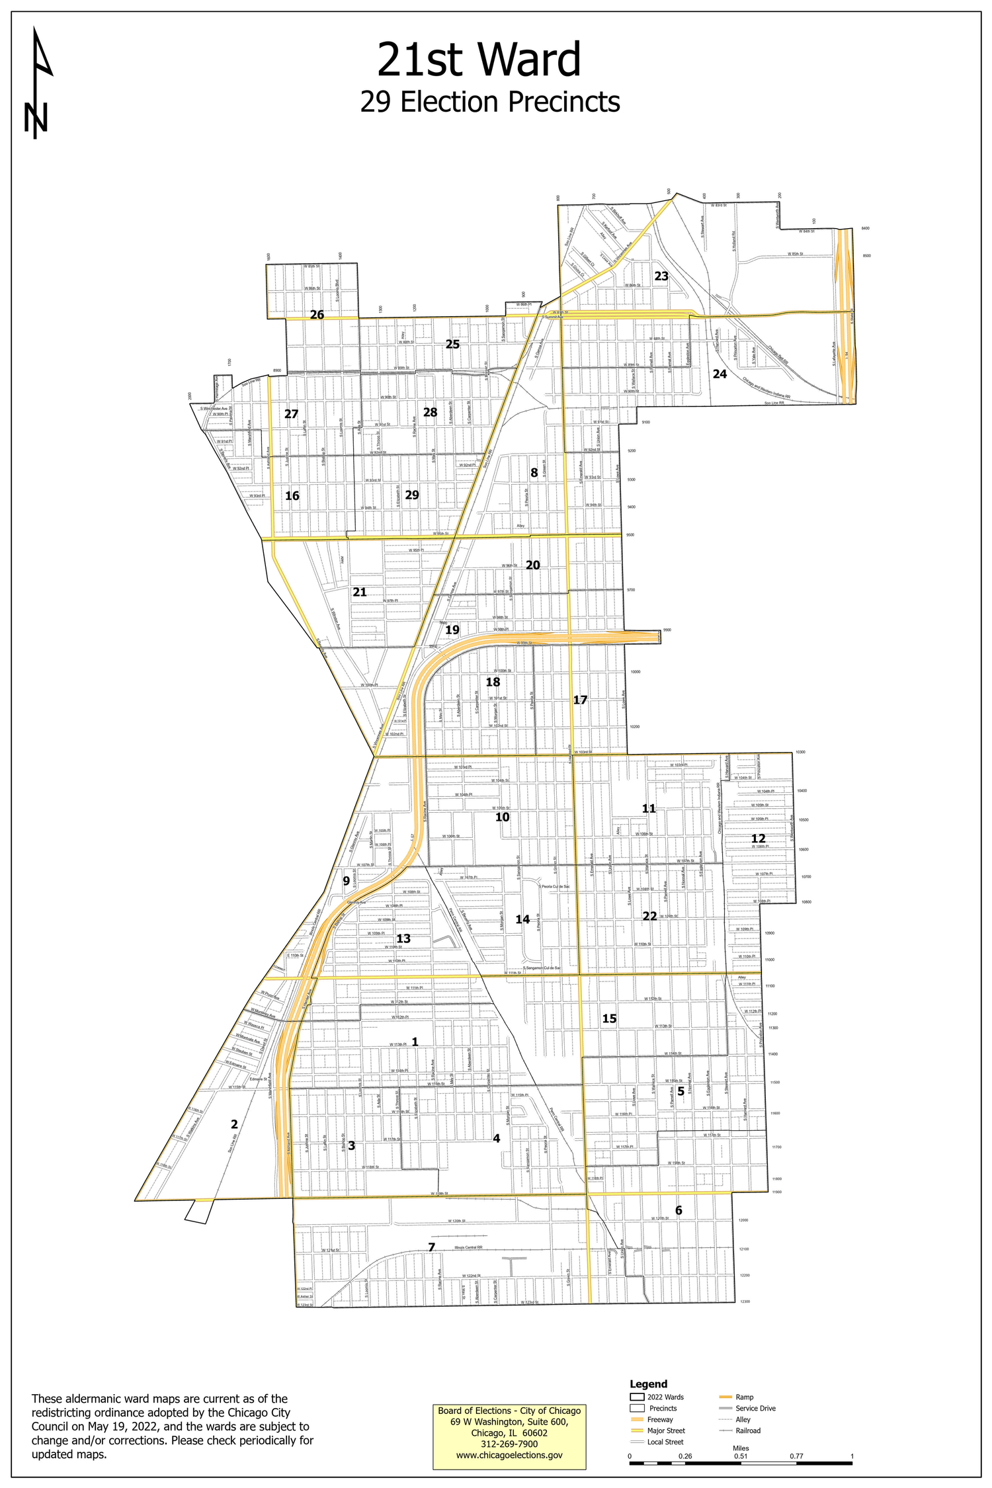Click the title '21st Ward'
click(479, 60)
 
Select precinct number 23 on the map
click(661, 276)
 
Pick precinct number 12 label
click(758, 839)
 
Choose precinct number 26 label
click(317, 315)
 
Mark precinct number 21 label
click(360, 592)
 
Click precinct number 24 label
click(720, 374)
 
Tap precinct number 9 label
click(346, 881)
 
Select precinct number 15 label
click(609, 1019)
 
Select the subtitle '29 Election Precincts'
click(489, 103)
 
